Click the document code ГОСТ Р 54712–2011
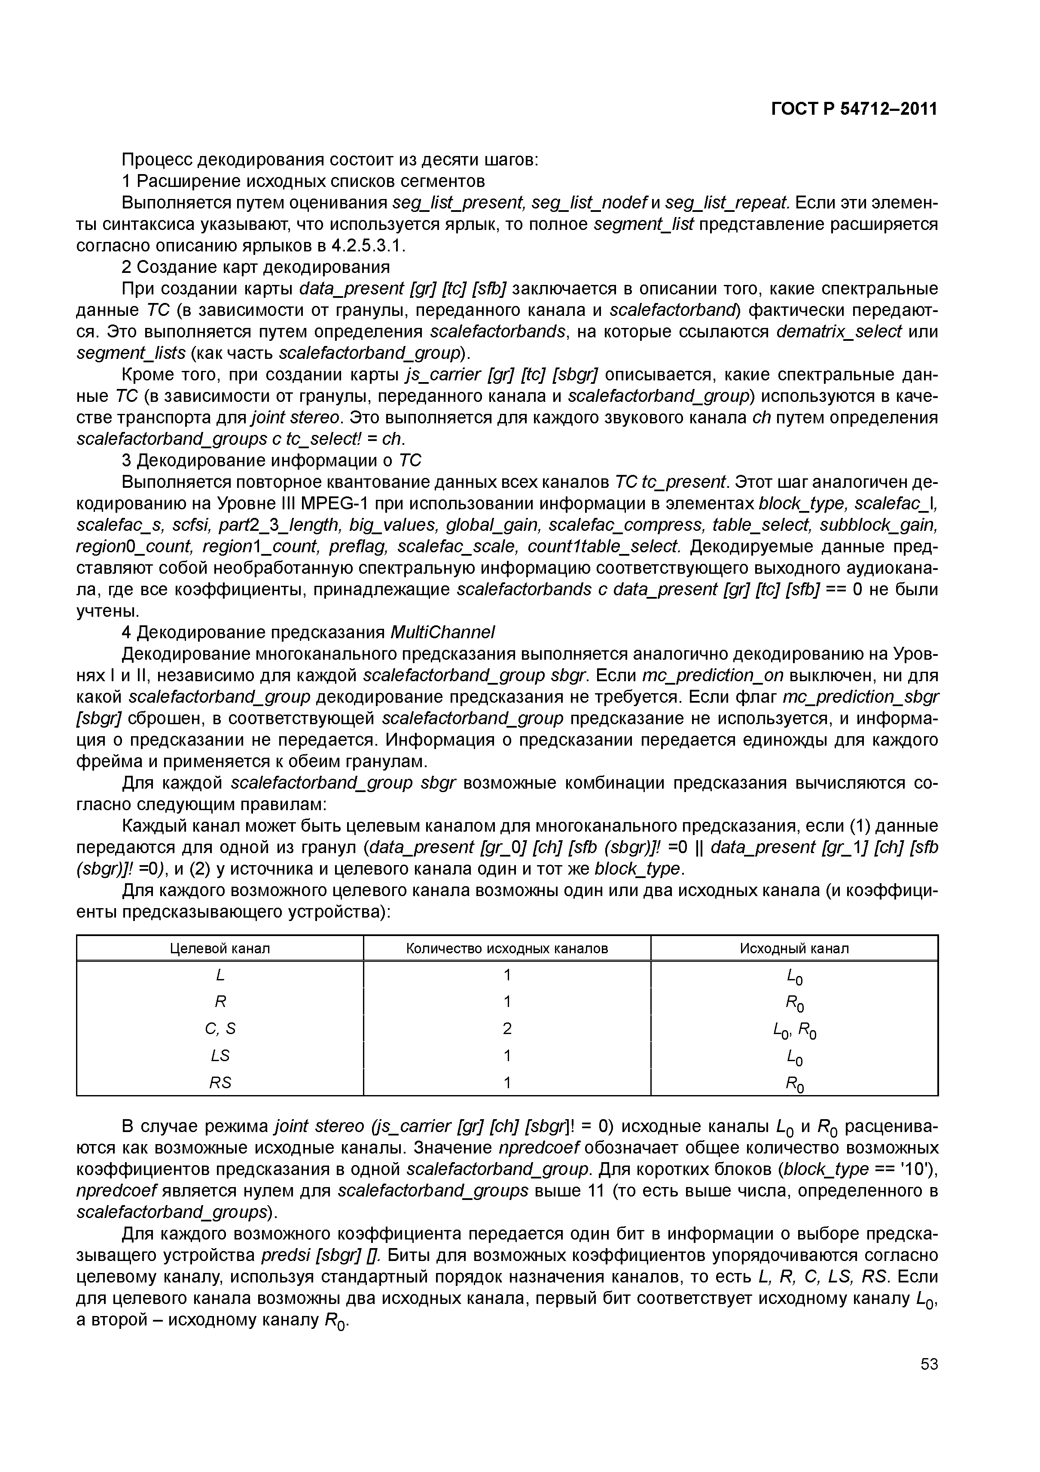[854, 109]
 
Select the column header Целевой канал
[220, 948]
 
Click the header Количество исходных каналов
[507, 948]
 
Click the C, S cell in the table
[220, 1029]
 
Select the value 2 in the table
[507, 1029]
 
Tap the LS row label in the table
[220, 1055]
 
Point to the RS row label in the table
[220, 1083]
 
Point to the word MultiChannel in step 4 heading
[442, 633]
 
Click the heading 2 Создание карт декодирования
[256, 267]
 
